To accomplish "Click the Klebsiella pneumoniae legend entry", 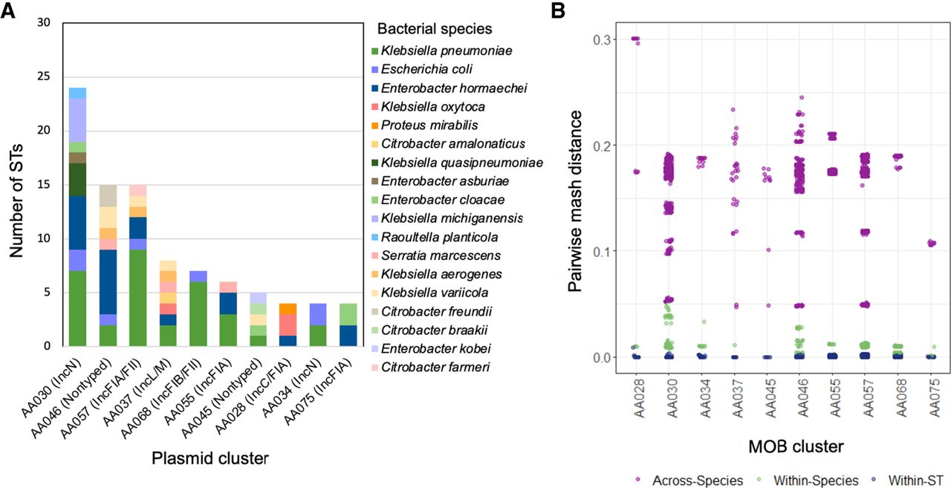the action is (x=442, y=51).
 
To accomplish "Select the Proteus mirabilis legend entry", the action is (x=424, y=126).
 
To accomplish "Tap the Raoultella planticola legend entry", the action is (x=435, y=237).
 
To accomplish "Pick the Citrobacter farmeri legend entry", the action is (x=430, y=367).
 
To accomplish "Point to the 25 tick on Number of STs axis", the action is (x=44, y=77).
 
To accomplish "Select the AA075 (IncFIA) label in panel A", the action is (x=319, y=391).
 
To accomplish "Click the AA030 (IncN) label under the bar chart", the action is (x=51, y=388).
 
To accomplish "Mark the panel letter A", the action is (x=7, y=10).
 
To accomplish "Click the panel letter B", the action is (x=558, y=10).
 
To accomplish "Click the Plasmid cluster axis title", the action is (x=210, y=458).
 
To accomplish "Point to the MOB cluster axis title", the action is (x=796, y=446).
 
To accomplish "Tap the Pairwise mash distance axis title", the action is (x=575, y=201).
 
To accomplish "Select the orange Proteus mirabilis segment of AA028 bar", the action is (x=288, y=309).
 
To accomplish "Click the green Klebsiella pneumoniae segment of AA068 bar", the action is (x=198, y=314).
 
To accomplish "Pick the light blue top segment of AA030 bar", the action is (x=78, y=94).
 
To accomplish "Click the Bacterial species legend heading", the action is (x=435, y=29).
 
